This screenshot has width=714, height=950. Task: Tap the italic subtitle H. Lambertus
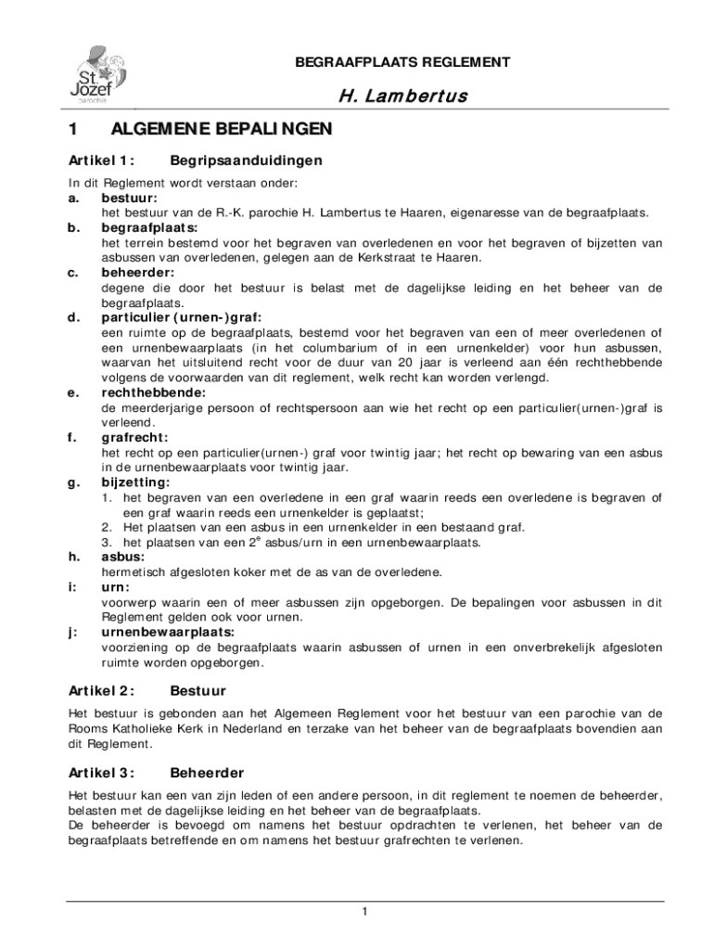pos(402,96)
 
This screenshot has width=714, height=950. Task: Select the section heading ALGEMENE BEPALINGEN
pos(220,129)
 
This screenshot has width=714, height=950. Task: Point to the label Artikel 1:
pos(102,160)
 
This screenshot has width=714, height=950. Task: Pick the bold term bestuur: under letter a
pos(129,199)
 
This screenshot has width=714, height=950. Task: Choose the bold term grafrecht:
pos(135,437)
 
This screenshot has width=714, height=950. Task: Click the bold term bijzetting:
pos(135,482)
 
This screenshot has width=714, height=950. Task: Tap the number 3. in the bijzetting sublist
pos(107,542)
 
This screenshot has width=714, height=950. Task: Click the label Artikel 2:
pos(102,691)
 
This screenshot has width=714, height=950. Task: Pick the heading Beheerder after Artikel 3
pos(207,773)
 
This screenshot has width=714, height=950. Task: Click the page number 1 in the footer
pos(365,913)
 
